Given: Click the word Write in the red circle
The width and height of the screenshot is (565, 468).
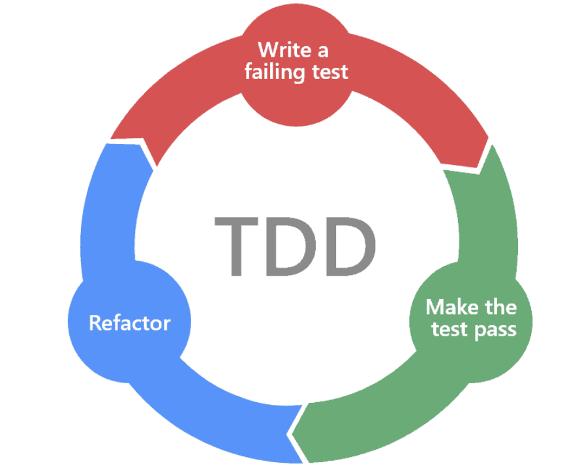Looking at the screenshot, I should (278, 50).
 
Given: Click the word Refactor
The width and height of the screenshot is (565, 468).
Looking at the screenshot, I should (130, 323).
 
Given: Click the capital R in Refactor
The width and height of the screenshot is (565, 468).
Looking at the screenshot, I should (95, 323).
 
